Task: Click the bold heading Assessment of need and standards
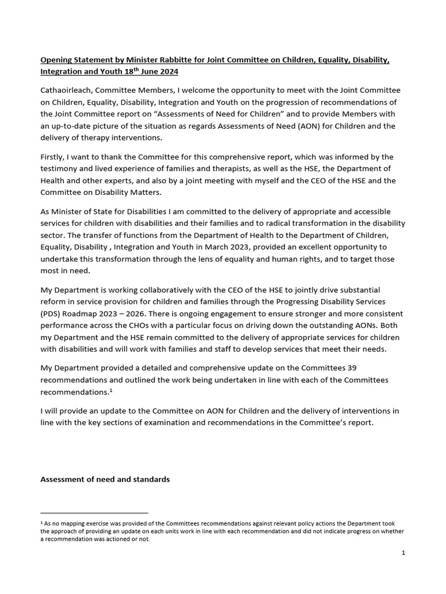tap(105, 480)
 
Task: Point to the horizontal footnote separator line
tap(94, 513)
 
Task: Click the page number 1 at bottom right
tap(404, 553)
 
